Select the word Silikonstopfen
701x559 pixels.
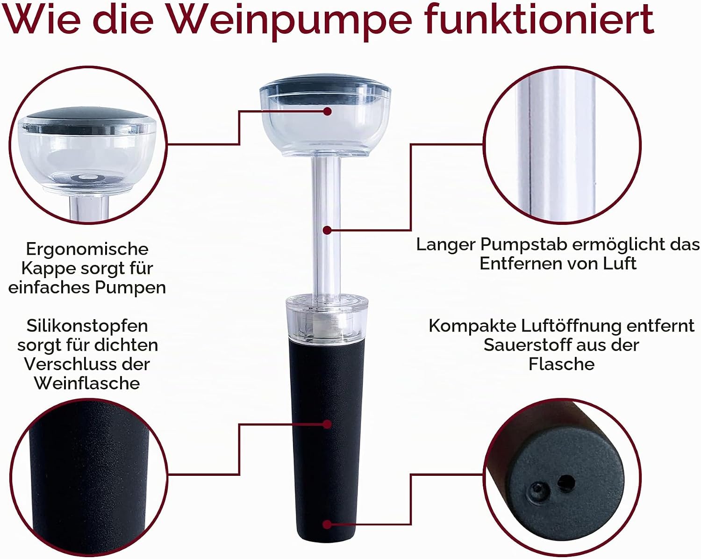coord(87,326)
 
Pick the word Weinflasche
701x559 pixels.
coord(87,383)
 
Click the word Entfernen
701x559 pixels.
coord(518,264)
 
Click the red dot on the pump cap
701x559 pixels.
coord(328,111)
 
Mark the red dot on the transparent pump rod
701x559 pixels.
coord(328,230)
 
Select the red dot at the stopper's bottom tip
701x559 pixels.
coord(328,524)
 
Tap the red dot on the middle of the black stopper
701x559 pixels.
coord(328,424)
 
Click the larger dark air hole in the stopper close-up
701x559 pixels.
coord(566,482)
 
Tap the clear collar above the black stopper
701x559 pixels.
coord(327,316)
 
